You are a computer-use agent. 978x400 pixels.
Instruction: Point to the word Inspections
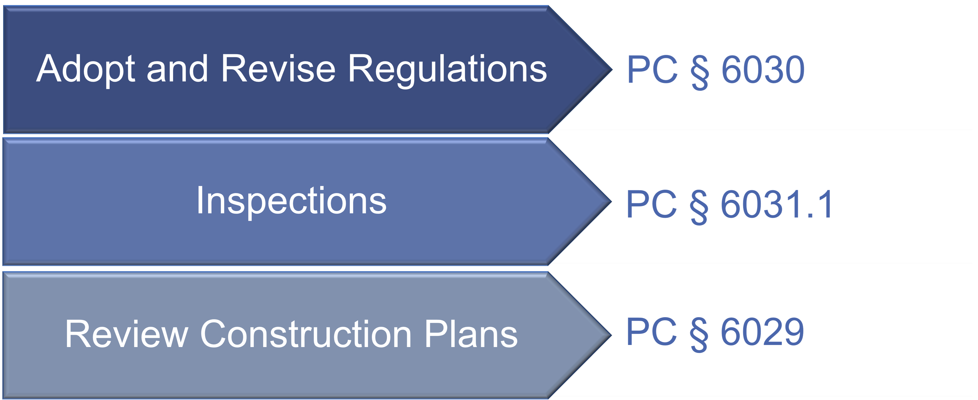(x=291, y=201)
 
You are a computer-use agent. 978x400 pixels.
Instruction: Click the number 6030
(x=763, y=70)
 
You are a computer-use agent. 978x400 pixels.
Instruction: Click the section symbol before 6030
(x=699, y=72)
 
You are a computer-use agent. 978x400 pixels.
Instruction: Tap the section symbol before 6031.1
(x=699, y=207)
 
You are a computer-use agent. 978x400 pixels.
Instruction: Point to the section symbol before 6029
(x=699, y=334)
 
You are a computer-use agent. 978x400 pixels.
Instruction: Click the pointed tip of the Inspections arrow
(x=612, y=201)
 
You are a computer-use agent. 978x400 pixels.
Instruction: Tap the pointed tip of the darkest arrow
(x=612, y=70)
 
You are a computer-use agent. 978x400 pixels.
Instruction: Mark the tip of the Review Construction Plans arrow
(x=612, y=335)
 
